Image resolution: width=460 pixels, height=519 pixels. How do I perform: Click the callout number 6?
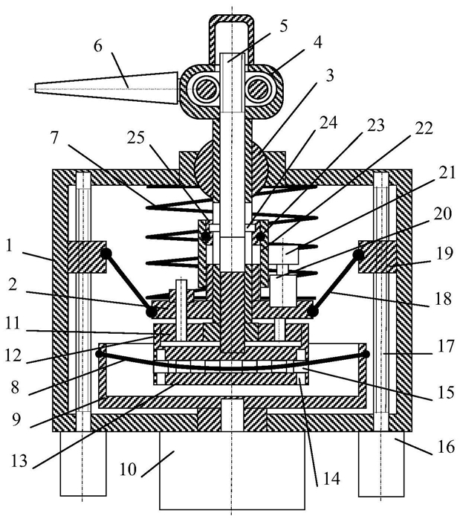click(98, 47)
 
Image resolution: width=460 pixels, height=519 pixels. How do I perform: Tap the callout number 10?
click(128, 469)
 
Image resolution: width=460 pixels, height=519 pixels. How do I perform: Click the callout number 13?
click(19, 460)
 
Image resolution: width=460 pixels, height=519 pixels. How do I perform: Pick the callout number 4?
click(317, 43)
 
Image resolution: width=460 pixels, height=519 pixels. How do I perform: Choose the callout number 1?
click(10, 247)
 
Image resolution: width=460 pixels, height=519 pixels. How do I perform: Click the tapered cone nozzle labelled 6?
click(106, 88)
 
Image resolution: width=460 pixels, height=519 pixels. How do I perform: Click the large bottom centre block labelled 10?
click(232, 470)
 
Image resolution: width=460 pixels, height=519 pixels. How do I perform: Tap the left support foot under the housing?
click(83, 463)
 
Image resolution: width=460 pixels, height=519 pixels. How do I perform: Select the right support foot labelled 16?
click(381, 463)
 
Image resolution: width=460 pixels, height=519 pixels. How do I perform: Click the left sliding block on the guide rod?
click(87, 257)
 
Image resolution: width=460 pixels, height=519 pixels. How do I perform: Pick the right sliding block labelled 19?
click(378, 257)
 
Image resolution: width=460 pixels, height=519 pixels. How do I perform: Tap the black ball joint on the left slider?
click(106, 254)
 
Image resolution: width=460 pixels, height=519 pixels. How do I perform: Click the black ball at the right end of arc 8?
click(366, 354)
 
